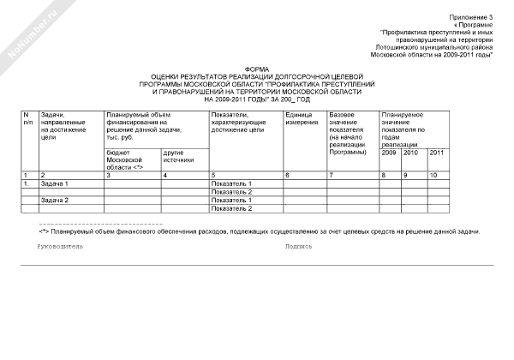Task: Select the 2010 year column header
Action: click(x=412, y=152)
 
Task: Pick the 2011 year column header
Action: click(x=436, y=152)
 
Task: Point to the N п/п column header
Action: click(x=27, y=118)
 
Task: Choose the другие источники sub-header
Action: click(x=178, y=156)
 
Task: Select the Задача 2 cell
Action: click(x=55, y=200)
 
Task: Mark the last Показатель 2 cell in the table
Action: click(x=231, y=208)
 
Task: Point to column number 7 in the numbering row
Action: click(x=332, y=175)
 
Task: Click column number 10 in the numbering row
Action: click(x=433, y=175)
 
